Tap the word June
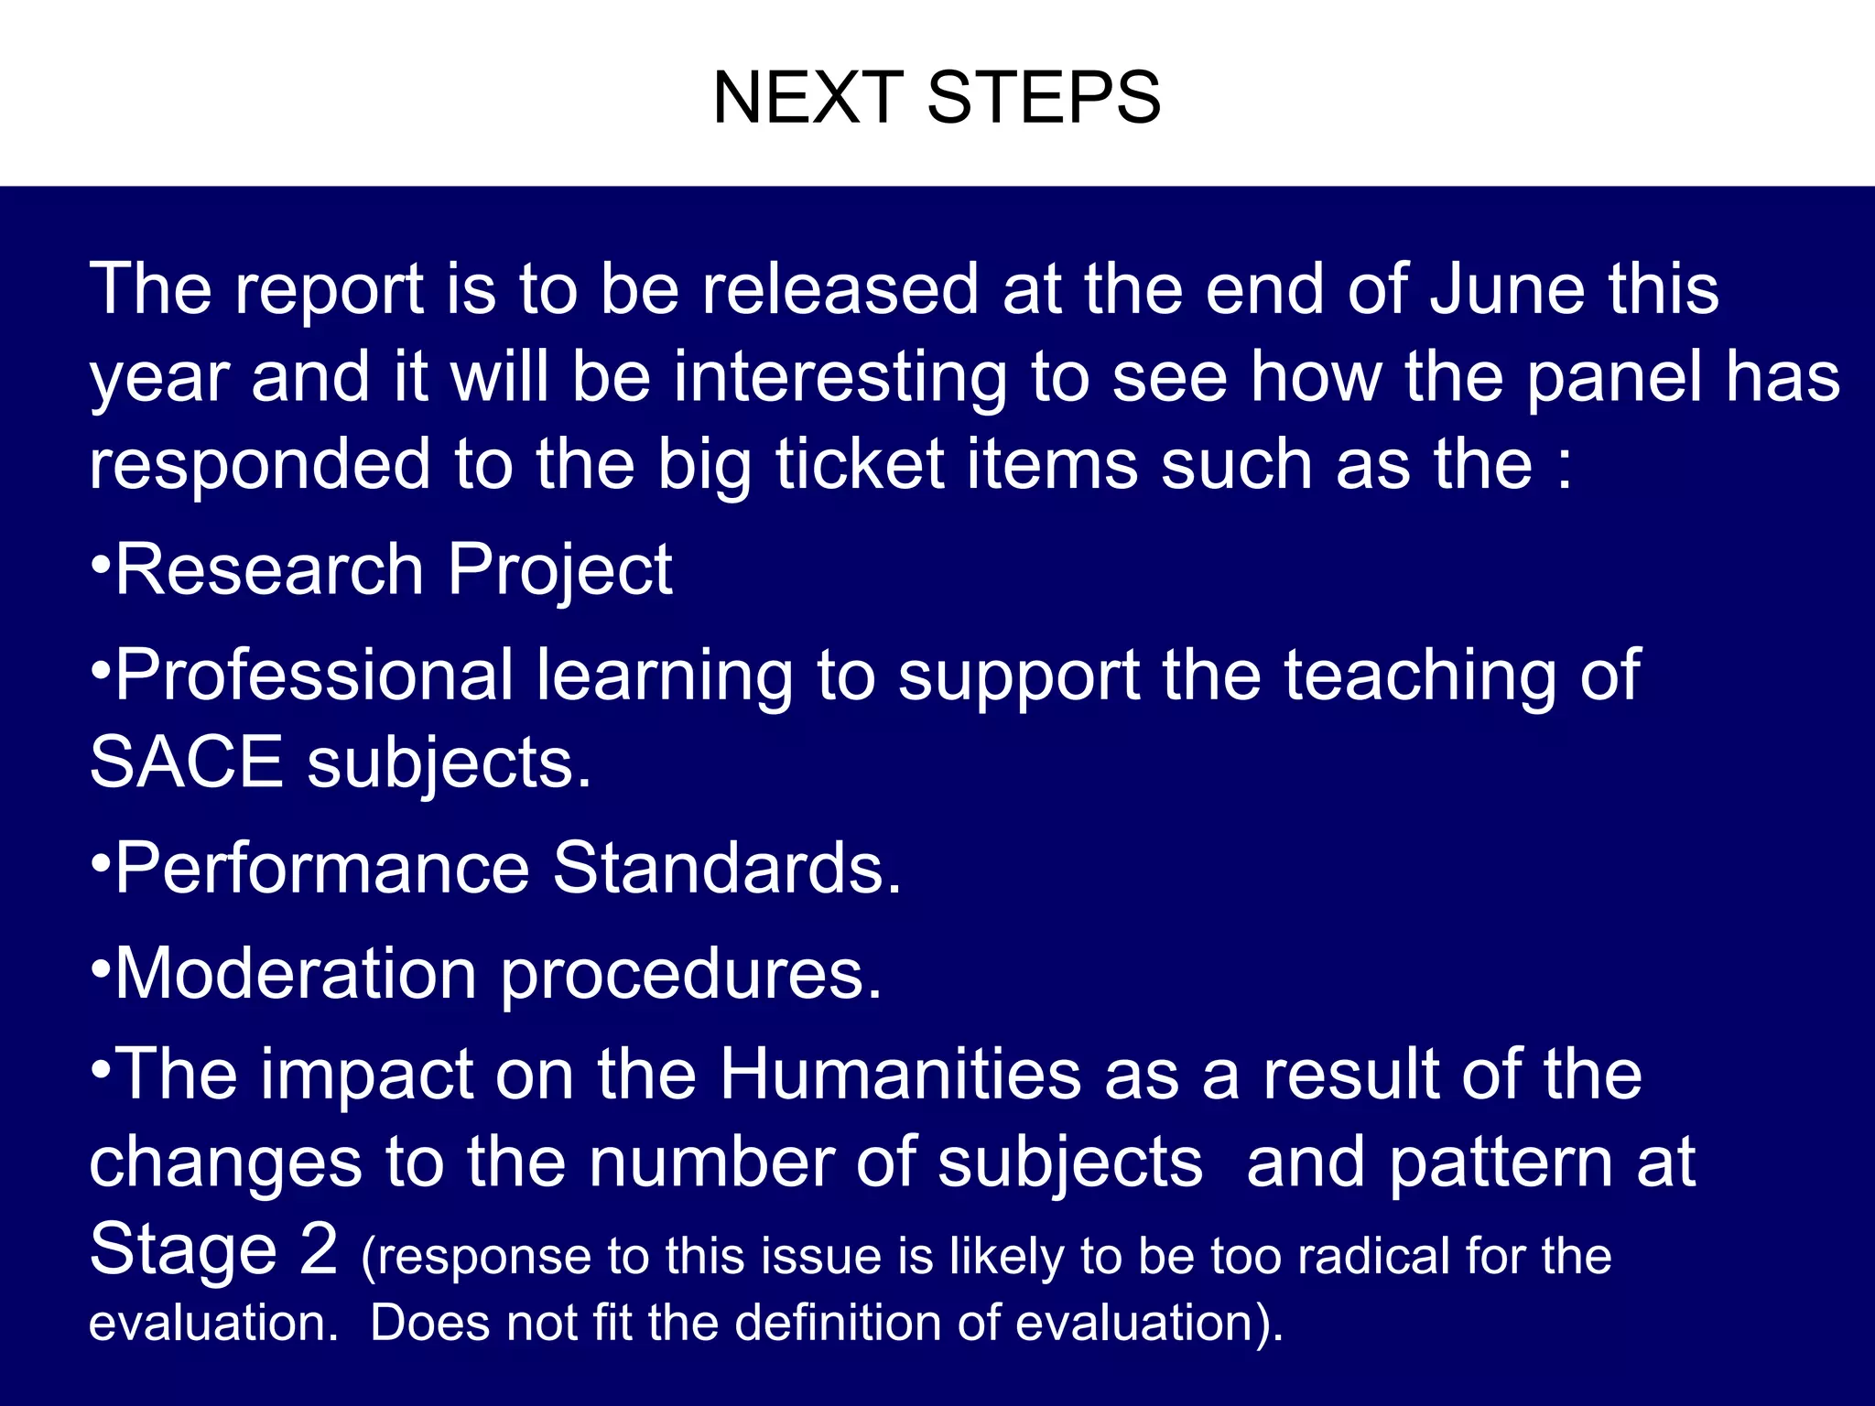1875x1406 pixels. (x=1507, y=289)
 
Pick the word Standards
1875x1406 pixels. (x=727, y=868)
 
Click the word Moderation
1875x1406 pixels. (x=295, y=973)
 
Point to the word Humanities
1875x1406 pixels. (x=900, y=1073)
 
